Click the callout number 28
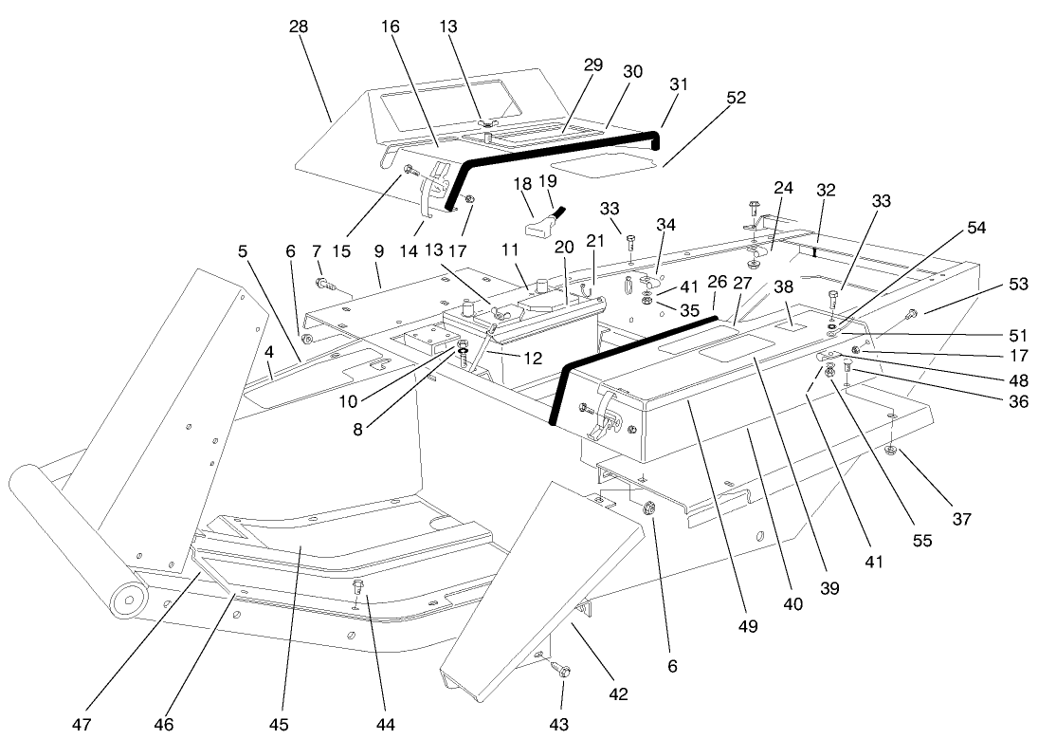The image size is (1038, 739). click(299, 27)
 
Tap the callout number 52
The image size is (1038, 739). click(736, 98)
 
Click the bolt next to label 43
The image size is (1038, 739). click(561, 671)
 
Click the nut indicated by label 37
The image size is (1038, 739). click(895, 450)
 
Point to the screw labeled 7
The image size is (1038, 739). click(324, 283)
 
